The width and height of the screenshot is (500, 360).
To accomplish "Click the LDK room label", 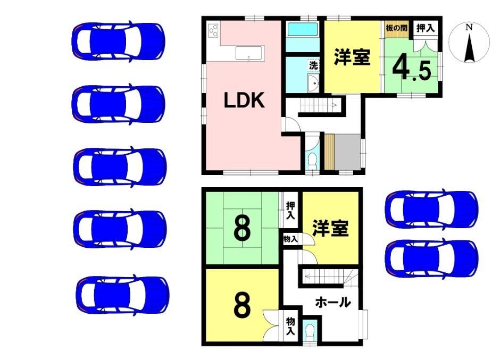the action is [244, 100].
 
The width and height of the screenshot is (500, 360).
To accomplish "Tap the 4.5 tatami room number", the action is [412, 70].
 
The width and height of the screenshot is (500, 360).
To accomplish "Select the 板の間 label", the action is [396, 28].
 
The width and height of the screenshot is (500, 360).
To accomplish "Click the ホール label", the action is [333, 302].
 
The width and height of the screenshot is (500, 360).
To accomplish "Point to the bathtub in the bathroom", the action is [303, 29].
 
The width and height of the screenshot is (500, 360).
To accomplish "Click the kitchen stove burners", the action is [213, 31].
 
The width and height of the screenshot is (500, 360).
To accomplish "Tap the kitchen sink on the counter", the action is [249, 53].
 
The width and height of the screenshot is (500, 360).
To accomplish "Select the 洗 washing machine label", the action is [314, 66].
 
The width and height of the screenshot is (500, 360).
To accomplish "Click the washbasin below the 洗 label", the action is [313, 83].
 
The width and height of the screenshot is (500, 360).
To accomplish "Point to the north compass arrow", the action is [469, 47].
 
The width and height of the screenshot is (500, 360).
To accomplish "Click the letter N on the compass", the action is [469, 28].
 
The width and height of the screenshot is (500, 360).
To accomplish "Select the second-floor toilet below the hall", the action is [310, 332].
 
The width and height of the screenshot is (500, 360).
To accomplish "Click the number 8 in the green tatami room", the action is [242, 228].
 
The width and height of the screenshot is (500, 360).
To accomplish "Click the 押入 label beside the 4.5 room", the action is [426, 28].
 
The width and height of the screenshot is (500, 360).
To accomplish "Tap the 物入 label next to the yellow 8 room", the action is [290, 326].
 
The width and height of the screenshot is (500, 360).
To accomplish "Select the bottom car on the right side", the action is [432, 258].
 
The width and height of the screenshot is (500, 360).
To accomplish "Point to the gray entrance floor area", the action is [347, 152].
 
